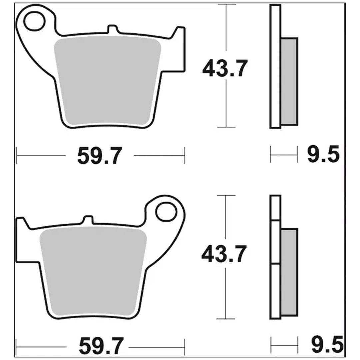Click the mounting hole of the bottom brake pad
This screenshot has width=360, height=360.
tap(166, 211)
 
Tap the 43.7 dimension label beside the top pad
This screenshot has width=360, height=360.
tap(225, 68)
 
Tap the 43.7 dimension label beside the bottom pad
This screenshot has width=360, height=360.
tap(224, 254)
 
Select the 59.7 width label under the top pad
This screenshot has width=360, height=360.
tap(99, 156)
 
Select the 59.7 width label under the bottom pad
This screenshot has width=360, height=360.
tap(101, 346)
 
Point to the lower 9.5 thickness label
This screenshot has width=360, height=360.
tap(327, 344)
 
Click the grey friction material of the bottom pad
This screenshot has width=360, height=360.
tap(93, 272)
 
